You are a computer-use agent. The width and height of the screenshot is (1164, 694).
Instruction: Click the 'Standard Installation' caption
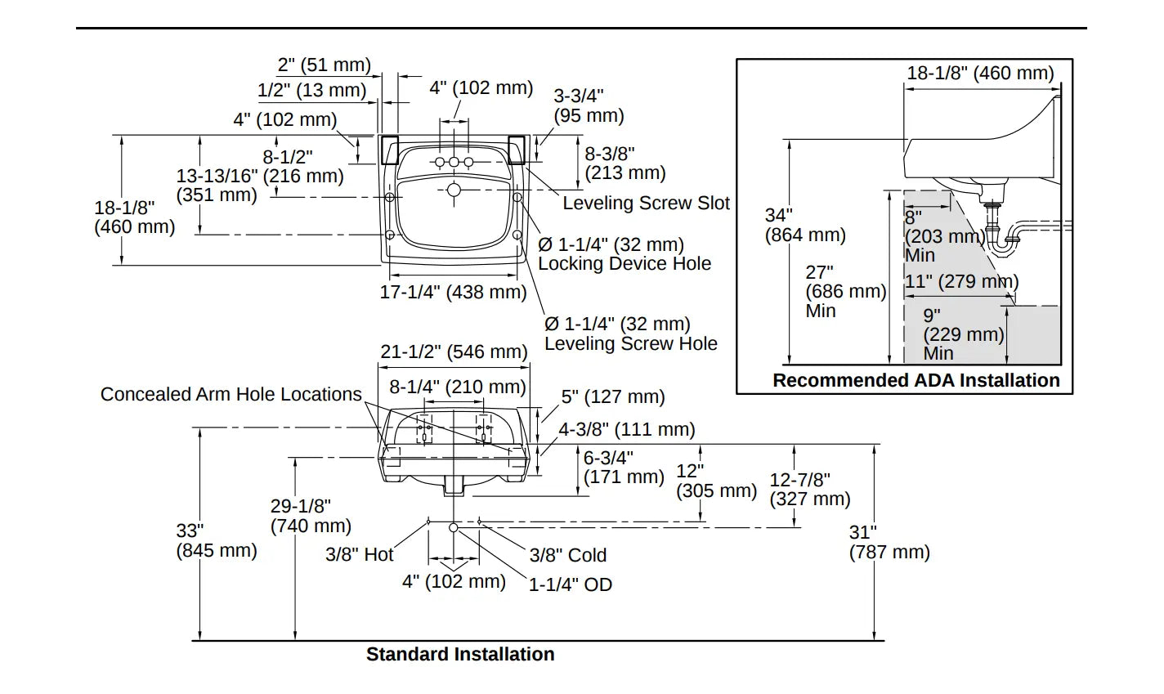pos(460,654)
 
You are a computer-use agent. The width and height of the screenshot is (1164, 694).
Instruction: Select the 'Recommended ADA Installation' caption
pos(916,380)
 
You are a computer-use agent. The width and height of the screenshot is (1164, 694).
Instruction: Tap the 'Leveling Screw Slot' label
pos(646,203)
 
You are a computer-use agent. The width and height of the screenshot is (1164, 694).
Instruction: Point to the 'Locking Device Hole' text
pos(625,263)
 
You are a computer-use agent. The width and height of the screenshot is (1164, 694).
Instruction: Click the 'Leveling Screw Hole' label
pos(631,343)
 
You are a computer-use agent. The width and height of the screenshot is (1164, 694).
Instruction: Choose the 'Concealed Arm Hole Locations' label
pos(231,394)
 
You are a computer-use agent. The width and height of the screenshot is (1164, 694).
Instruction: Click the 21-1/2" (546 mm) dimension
pos(454,351)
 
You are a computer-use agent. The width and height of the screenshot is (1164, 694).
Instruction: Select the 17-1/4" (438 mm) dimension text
pos(453,292)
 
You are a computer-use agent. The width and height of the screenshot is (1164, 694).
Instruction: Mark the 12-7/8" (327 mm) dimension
pos(810,489)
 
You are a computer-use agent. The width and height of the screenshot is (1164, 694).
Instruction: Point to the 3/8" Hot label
pos(360,554)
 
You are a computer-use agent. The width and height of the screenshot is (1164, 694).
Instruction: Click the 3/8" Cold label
pos(568,555)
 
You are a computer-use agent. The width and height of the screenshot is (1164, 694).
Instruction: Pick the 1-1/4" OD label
pos(571,584)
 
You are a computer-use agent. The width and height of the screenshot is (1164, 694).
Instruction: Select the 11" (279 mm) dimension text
pos(961,282)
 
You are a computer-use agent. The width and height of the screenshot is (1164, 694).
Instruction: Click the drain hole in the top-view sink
pos(454,190)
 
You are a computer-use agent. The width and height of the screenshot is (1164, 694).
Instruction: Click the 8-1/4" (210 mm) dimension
pos(457,387)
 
